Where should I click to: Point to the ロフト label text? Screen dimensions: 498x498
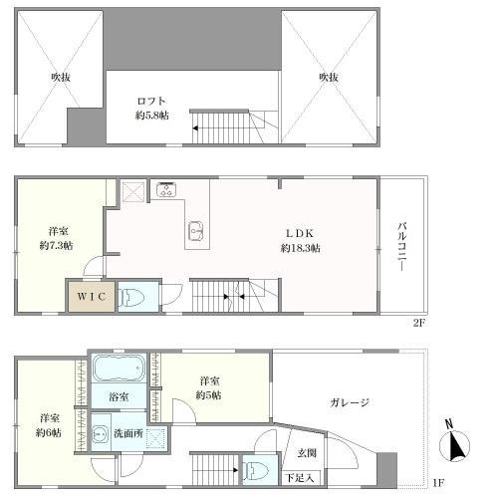click(152, 101)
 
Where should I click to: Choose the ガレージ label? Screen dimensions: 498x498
click(350, 403)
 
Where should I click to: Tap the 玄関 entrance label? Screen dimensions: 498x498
click(305, 455)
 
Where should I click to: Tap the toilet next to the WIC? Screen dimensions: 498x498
click(130, 297)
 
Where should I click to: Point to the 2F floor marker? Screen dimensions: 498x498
click(420, 324)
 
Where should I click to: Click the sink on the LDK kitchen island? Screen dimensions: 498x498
click(194, 232)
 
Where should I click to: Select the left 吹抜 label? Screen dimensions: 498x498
click(62, 75)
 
